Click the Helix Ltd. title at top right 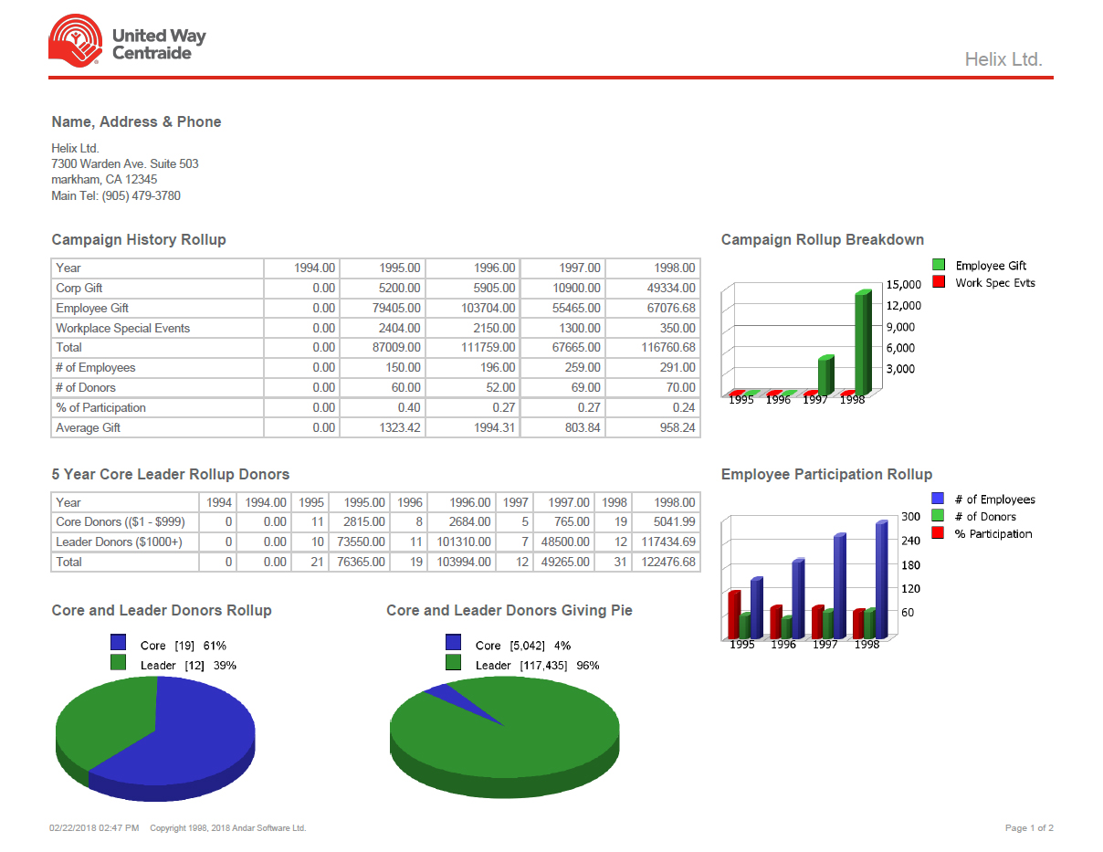1003,59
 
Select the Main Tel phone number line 116,195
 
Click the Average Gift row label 88,427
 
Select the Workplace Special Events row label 122,328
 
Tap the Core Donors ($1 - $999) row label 120,521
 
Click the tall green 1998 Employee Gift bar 862,342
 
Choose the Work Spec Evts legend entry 994,283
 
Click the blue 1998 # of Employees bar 881,580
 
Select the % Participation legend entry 993,533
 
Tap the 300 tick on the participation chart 910,517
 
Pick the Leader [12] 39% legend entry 187,666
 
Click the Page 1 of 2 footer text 1029,828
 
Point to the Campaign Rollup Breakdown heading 822,240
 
